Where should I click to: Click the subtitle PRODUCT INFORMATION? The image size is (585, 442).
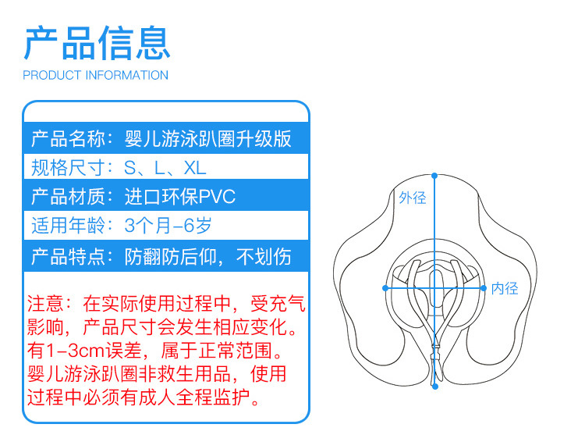[96, 76]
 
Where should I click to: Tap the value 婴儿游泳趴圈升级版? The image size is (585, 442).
[208, 139]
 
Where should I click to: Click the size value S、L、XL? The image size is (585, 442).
[165, 167]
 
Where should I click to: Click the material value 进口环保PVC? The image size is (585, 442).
[180, 195]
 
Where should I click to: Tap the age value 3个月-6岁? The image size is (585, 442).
[168, 226]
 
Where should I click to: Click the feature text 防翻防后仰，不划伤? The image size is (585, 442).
[208, 256]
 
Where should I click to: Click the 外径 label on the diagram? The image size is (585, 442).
[413, 198]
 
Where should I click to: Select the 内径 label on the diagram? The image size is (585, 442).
[505, 288]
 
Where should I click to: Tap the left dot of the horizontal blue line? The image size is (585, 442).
[385, 288]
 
